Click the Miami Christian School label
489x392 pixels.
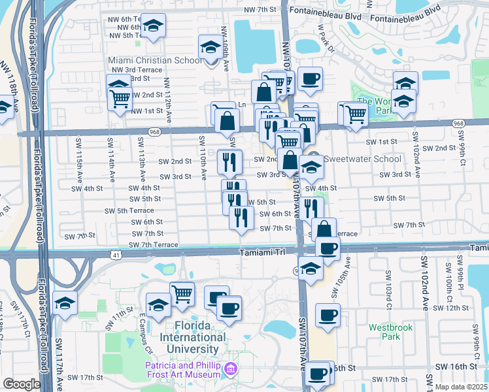tap(155, 61)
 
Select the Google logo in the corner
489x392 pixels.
tap(22, 384)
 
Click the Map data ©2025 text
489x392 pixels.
tap(462, 387)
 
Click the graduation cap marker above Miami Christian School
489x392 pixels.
tap(210, 48)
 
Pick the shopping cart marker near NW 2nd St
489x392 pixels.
tap(119, 99)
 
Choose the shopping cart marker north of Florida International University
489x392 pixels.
tap(182, 293)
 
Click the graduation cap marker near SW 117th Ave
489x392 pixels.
tap(65, 302)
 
